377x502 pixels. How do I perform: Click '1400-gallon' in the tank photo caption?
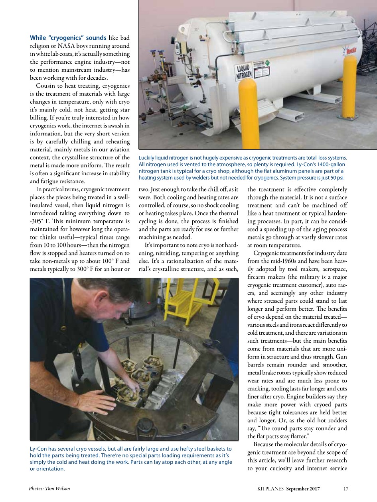click(x=330, y=165)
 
